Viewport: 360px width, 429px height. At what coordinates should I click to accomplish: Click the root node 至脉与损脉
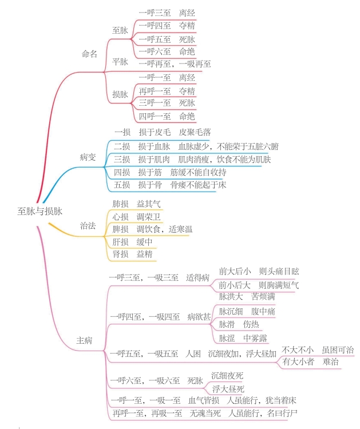coord(40,211)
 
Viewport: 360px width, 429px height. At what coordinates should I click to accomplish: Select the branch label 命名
coord(89,54)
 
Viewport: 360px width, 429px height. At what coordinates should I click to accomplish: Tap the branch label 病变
coord(88,157)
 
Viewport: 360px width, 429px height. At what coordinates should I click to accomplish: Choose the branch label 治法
coord(88,225)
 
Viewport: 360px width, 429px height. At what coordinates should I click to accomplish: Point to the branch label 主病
coord(84,340)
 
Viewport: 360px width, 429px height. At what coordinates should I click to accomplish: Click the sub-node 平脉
coord(120,62)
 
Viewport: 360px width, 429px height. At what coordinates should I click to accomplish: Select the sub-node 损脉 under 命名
coord(120,94)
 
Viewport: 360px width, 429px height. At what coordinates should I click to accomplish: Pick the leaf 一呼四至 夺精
coord(167,26)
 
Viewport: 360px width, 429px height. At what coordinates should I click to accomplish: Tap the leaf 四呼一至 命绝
coord(167,117)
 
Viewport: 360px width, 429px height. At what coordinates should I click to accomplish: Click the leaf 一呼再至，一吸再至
coord(175,64)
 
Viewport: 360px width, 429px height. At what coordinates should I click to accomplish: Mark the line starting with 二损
coord(196,146)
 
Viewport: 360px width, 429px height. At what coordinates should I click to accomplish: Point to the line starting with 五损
coord(170,185)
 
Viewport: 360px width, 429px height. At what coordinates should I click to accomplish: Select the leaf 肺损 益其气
coord(136,204)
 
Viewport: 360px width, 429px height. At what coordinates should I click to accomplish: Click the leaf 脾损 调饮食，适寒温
coord(152,229)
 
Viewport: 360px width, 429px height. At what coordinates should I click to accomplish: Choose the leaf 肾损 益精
coord(132,254)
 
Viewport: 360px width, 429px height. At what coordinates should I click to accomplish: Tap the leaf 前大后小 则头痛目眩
coord(259,271)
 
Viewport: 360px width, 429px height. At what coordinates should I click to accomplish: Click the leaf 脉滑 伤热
coord(239,324)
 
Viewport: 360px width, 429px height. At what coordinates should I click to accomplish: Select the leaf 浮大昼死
coord(228,389)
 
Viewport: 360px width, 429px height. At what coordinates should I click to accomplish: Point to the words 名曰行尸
coord(282,413)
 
